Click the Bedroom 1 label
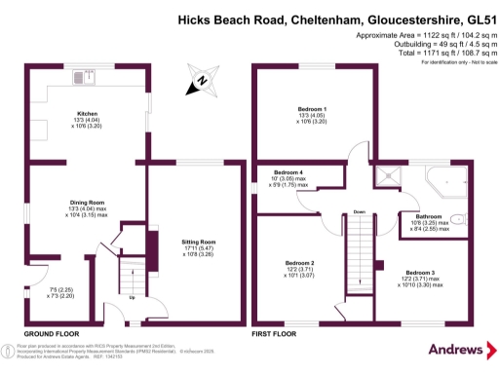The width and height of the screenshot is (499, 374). tap(312, 108)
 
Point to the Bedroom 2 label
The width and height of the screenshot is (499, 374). tap(299, 263)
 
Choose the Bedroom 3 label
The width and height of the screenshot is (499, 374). tap(420, 272)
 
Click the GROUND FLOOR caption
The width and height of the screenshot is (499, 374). tap(51, 334)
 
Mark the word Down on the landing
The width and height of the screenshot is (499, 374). tap(359, 211)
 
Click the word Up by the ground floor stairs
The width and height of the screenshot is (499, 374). tap(133, 313)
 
